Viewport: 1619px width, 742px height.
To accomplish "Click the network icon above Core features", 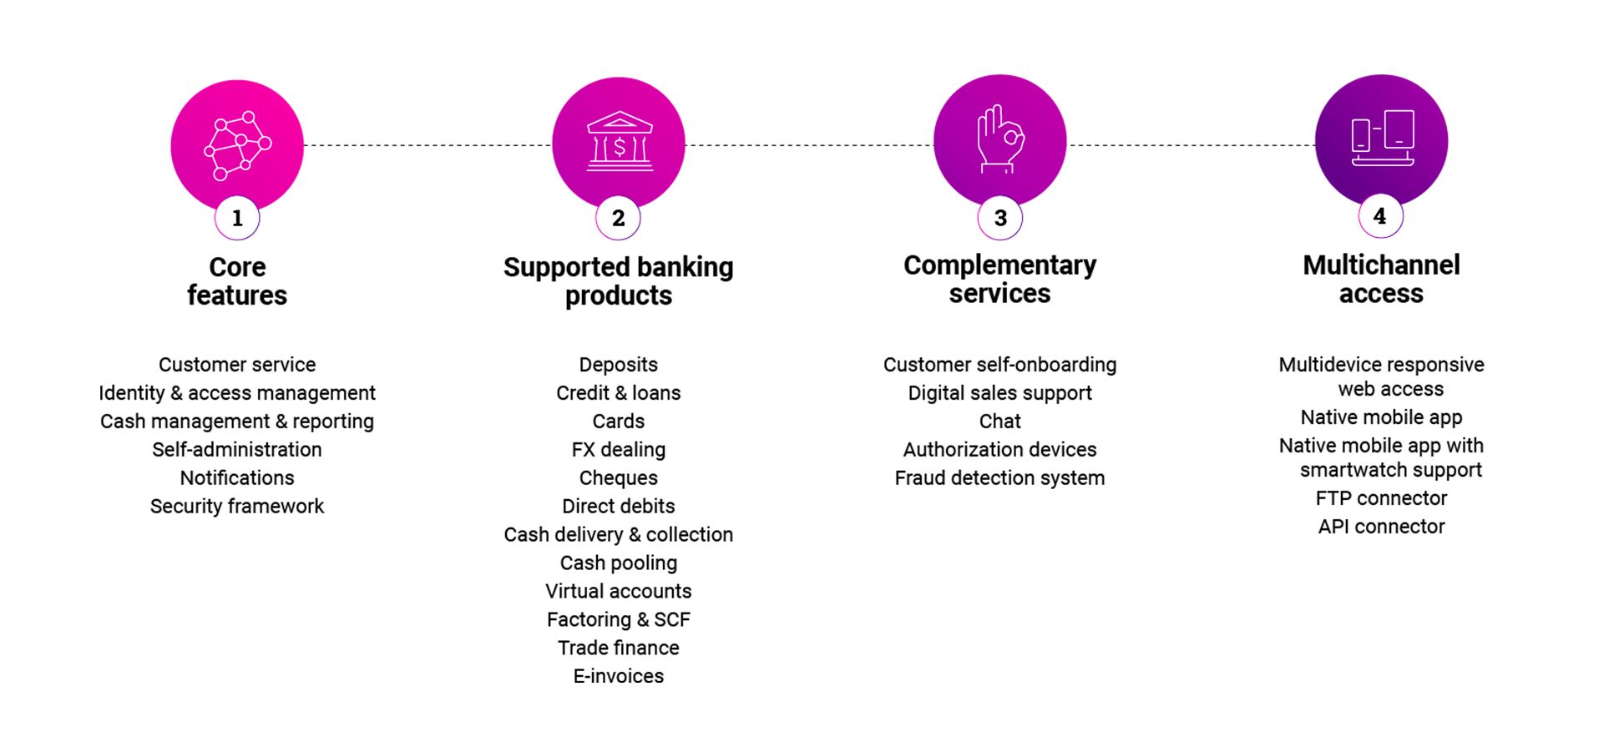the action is (x=238, y=145).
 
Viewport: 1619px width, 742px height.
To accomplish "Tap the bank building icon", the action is (x=619, y=142).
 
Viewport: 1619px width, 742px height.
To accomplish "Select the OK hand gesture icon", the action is (x=1000, y=139).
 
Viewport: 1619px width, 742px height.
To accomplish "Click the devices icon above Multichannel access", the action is (x=1383, y=138).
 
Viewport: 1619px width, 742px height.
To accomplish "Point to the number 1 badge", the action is (x=237, y=218).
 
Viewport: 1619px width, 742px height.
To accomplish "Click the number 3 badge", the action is (x=1000, y=218).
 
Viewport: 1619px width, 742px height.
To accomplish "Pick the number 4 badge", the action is (x=1380, y=216).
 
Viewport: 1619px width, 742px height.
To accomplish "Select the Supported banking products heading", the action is (x=619, y=281).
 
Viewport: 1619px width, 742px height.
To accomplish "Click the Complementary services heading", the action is (x=1000, y=280).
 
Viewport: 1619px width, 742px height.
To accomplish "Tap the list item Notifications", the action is (x=237, y=477).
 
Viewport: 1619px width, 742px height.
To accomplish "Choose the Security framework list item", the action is (x=237, y=506).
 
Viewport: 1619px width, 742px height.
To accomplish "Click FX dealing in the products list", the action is (x=619, y=450).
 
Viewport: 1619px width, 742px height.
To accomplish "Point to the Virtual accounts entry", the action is (x=619, y=591).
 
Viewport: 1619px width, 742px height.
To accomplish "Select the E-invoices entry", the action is (x=619, y=676).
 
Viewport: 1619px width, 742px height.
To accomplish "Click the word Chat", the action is (x=1000, y=421).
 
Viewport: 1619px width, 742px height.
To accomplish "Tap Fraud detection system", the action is (x=1000, y=477).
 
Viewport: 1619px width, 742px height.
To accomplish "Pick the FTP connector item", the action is (x=1382, y=498).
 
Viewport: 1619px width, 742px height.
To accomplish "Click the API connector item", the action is (x=1382, y=527).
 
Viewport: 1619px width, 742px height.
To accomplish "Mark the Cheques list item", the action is (x=619, y=477).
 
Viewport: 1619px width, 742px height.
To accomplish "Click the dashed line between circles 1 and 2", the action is (x=428, y=145).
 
